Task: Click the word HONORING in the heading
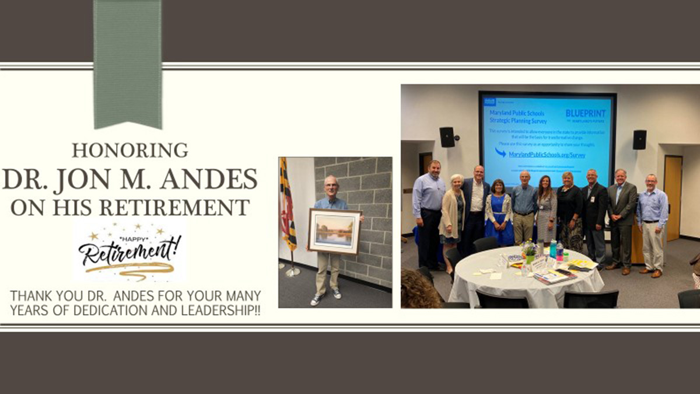[x=129, y=151]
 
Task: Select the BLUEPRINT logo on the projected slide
[x=584, y=114]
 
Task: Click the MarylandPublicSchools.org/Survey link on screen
[x=548, y=155]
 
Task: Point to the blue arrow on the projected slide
[x=501, y=153]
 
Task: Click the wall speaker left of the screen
[x=447, y=137]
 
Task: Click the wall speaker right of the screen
[x=639, y=140]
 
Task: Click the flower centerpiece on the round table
[x=529, y=251]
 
